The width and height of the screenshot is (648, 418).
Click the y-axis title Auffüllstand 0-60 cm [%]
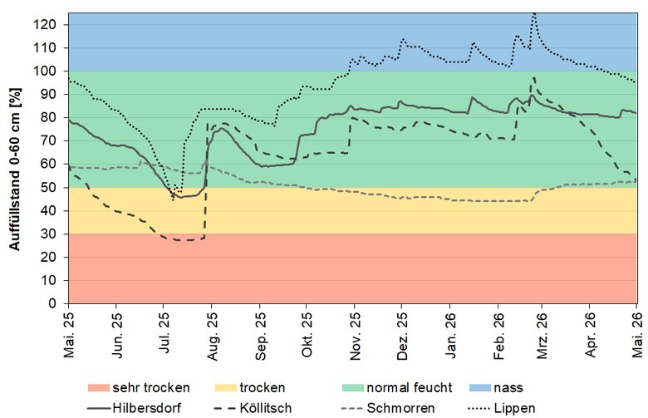[14, 169]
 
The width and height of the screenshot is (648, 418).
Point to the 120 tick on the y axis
[46, 25]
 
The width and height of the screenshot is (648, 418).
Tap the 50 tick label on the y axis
[49, 188]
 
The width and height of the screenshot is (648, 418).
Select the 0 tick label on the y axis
[52, 303]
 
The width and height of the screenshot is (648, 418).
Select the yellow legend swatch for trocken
[226, 388]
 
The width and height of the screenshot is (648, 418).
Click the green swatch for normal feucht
[353, 388]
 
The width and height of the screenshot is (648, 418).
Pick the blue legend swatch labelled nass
[480, 388]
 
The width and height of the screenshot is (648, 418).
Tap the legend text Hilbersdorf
[147, 408]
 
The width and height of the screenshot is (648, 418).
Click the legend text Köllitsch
[266, 408]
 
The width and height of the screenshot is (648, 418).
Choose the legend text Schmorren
[400, 408]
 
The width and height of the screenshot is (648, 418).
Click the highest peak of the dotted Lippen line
[534, 13]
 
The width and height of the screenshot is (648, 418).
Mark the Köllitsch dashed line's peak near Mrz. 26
[534, 77]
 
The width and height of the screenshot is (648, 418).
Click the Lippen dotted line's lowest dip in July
[173, 200]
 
